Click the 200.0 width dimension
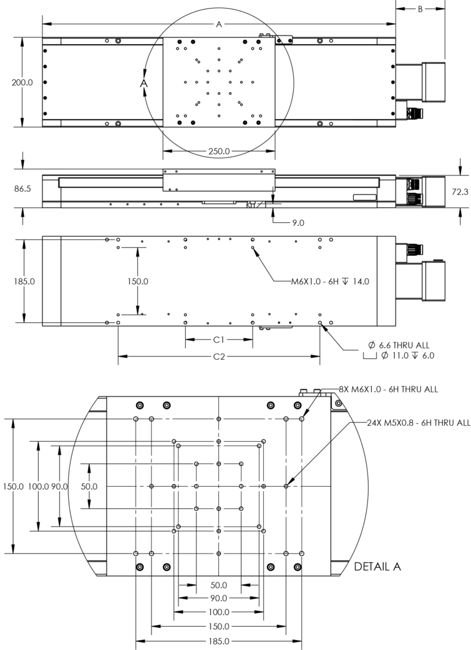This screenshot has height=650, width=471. coord(22,83)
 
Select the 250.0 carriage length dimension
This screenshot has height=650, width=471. coord(218,151)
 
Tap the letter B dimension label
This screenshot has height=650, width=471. coord(421,9)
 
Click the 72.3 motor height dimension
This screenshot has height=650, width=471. coord(460,192)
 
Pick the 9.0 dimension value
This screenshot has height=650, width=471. coord(298,223)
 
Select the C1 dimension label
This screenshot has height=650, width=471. coord(220,339)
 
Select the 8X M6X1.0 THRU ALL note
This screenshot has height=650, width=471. coord(388,389)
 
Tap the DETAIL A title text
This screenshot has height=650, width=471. coord(378,567)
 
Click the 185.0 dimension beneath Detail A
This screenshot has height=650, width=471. coord(219,641)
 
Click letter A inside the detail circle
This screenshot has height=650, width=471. coord(144,82)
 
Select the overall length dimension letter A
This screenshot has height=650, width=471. coord(218,24)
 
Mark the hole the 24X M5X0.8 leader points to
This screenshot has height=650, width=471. coord(286,486)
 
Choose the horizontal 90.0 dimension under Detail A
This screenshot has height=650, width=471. coord(219,598)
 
